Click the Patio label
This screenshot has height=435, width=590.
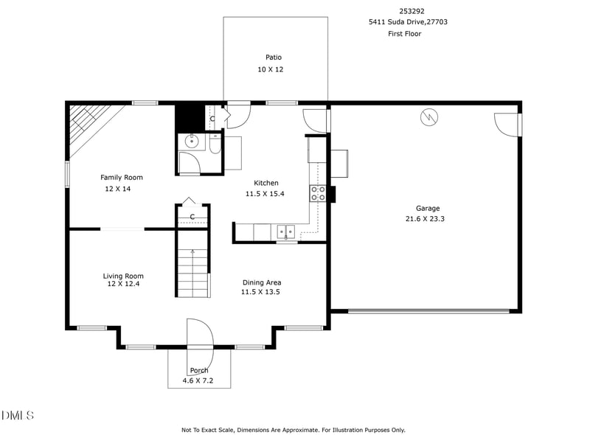click(x=274, y=57)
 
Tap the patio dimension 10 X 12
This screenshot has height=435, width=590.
click(x=270, y=69)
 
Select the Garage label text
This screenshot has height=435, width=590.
click(x=427, y=208)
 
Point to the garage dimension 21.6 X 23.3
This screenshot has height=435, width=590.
click(x=425, y=218)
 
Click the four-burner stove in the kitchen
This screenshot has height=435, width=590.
click(x=318, y=193)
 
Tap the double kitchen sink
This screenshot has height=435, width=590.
click(x=286, y=232)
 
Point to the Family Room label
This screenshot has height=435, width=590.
click(x=122, y=177)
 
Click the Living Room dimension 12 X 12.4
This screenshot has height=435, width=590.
click(x=123, y=284)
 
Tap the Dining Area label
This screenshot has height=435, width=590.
click(x=262, y=282)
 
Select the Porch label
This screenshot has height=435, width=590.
click(x=199, y=370)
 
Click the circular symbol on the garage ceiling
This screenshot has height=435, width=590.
click(x=428, y=116)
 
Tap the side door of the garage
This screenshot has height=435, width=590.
click(x=508, y=124)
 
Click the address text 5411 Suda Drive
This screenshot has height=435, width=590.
click(x=408, y=22)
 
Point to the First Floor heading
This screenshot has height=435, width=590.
click(x=404, y=34)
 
